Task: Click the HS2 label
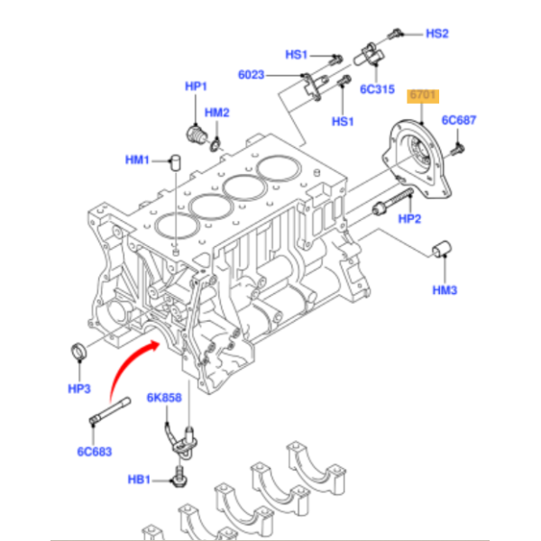click(x=436, y=33)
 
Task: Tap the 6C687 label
click(x=458, y=120)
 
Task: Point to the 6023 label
click(x=252, y=75)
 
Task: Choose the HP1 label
click(x=196, y=86)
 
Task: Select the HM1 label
click(x=136, y=160)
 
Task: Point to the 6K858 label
click(x=164, y=397)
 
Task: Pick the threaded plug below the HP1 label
click(x=191, y=135)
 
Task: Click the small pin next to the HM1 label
click(x=177, y=162)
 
